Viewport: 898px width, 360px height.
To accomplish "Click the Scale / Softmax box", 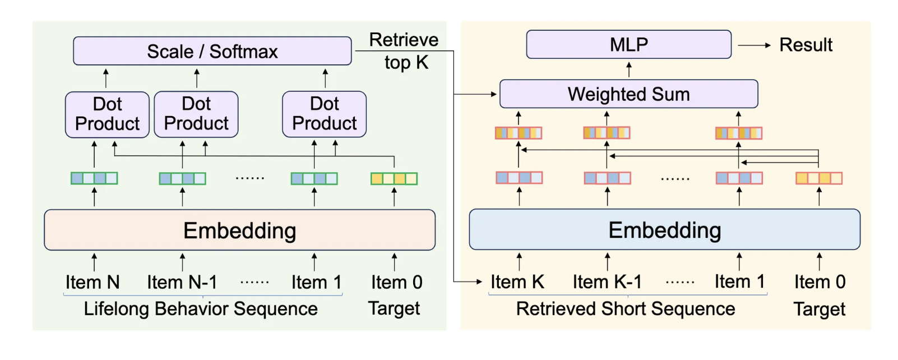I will tap(212, 51).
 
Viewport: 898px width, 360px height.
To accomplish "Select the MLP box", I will tap(628, 44).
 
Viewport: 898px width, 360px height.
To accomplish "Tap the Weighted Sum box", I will tap(628, 94).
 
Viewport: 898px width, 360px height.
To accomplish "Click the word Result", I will tap(806, 45).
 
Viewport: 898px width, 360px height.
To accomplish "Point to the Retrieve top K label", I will tap(404, 51).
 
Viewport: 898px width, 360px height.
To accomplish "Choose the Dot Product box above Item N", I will tap(107, 114).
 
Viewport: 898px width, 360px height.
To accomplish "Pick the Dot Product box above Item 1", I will tap(324, 114).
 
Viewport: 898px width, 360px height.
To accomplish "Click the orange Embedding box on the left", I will tap(239, 230).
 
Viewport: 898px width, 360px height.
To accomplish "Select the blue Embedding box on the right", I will tap(664, 229).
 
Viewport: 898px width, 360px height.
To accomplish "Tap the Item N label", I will tap(92, 282).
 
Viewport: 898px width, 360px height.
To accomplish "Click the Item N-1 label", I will tap(182, 282).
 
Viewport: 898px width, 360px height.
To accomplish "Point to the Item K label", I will tap(517, 281).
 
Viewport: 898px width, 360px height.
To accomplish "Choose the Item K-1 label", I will tap(607, 281).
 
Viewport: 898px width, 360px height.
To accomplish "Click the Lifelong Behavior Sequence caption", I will tap(201, 308).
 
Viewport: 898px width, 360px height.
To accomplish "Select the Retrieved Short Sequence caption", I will tap(625, 308).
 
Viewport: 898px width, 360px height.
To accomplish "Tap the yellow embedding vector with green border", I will tap(394, 179).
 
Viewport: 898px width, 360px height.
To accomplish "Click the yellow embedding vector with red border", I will tap(819, 178).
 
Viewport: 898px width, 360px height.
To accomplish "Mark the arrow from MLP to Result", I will tap(754, 45).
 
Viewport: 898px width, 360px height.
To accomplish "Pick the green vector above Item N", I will tap(94, 178).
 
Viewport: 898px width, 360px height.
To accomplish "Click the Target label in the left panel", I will tap(394, 308).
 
